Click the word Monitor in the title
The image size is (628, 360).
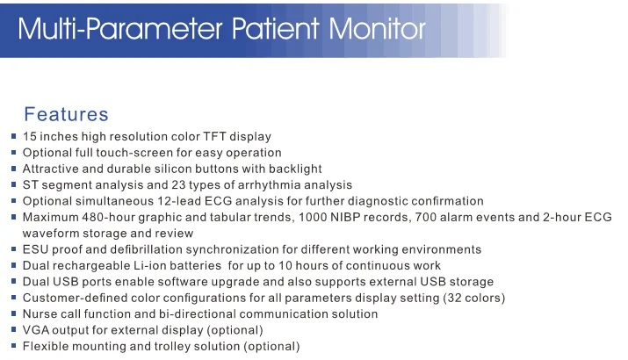(377, 30)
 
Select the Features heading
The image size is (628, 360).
(66, 114)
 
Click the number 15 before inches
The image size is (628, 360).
(30, 136)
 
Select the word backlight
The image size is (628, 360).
(293, 169)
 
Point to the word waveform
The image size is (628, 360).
(51, 234)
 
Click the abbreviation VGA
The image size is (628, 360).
(37, 330)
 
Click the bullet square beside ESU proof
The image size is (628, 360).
(13, 250)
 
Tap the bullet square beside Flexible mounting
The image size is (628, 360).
(13, 347)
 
